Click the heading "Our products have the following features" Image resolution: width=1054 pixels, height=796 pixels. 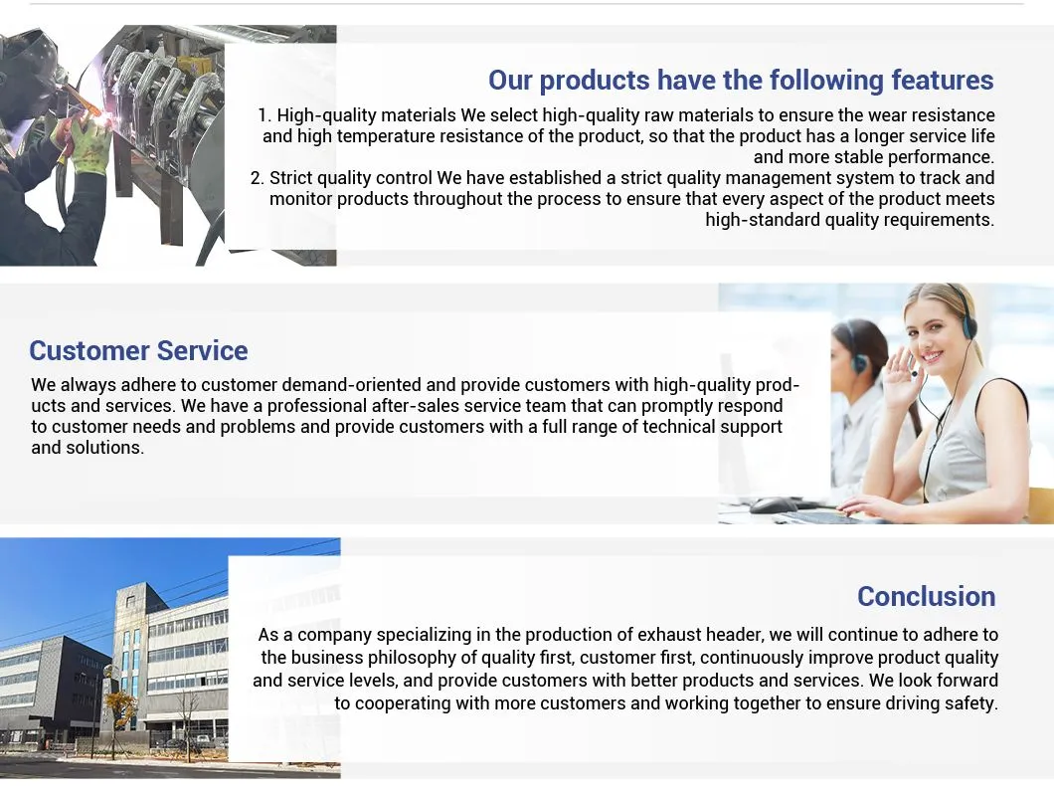tap(741, 81)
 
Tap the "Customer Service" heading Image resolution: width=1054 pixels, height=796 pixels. tap(138, 351)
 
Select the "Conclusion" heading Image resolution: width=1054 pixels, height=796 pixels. tap(926, 597)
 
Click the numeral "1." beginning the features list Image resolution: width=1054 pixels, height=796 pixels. tap(264, 116)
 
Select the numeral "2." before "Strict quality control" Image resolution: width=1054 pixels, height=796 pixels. tap(258, 179)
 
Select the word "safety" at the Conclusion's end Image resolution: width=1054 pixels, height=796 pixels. tap(968, 703)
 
